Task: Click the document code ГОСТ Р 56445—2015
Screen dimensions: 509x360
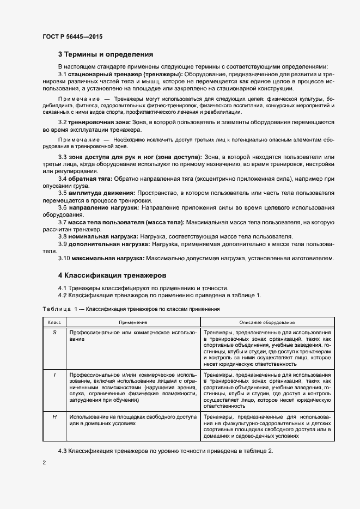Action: pyautogui.click(x=72, y=36)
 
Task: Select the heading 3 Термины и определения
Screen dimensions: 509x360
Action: pyautogui.click(x=106, y=54)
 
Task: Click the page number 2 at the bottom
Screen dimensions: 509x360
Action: pyautogui.click(x=45, y=462)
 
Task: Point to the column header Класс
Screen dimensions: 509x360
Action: pyautogui.click(x=54, y=322)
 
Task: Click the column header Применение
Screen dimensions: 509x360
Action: pyautogui.click(x=133, y=322)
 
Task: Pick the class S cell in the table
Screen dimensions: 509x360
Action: pyautogui.click(x=54, y=332)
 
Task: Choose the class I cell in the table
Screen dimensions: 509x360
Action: pyautogui.click(x=54, y=375)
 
